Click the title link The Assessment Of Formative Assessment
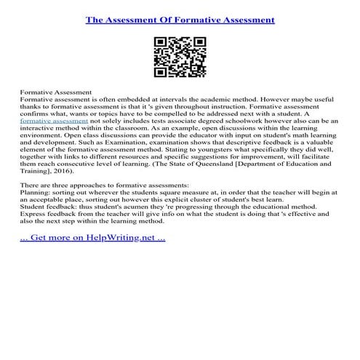pyautogui.click(x=180, y=20)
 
